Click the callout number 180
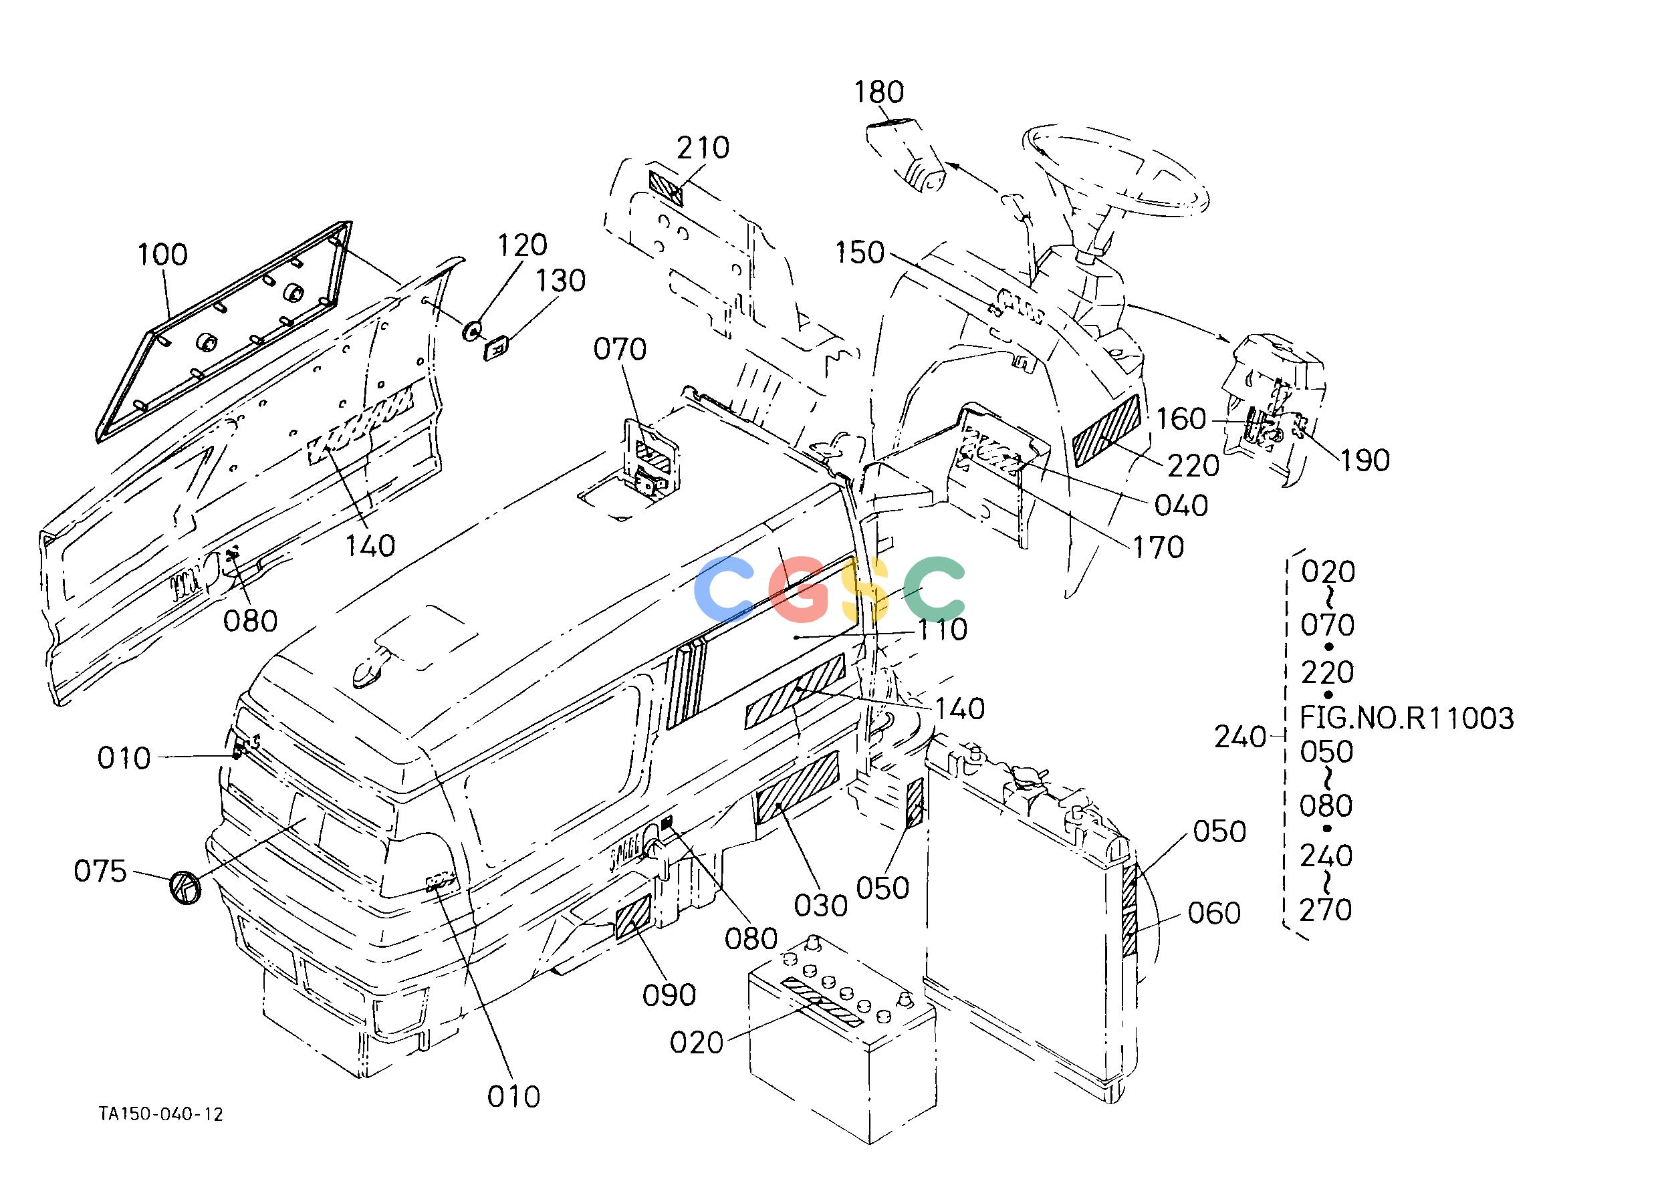(878, 92)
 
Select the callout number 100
(162, 254)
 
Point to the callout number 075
(100, 871)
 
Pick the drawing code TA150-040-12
(161, 1114)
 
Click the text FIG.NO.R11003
(1407, 718)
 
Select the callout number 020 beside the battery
(697, 1043)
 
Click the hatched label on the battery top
(822, 1002)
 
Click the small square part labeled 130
(497, 347)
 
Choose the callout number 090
(669, 995)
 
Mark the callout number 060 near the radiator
(1214, 912)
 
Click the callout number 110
(943, 630)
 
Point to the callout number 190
(1365, 461)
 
